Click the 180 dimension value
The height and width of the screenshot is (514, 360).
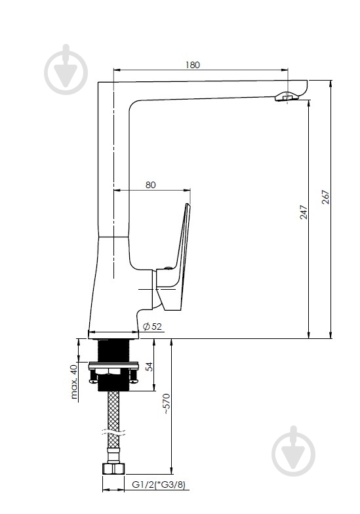tap(193, 65)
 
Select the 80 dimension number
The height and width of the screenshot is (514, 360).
tap(151, 185)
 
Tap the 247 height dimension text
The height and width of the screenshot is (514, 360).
tap(304, 212)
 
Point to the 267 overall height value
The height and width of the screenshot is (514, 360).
tap(325, 197)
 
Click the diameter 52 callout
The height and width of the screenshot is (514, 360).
tap(152, 326)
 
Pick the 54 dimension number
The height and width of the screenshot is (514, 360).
tap(150, 366)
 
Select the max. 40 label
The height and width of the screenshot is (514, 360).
tap(75, 382)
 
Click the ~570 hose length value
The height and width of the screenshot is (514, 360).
tap(167, 404)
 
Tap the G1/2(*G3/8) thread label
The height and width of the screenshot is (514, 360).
tap(159, 484)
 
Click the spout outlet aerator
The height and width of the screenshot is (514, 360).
tap(287, 97)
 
